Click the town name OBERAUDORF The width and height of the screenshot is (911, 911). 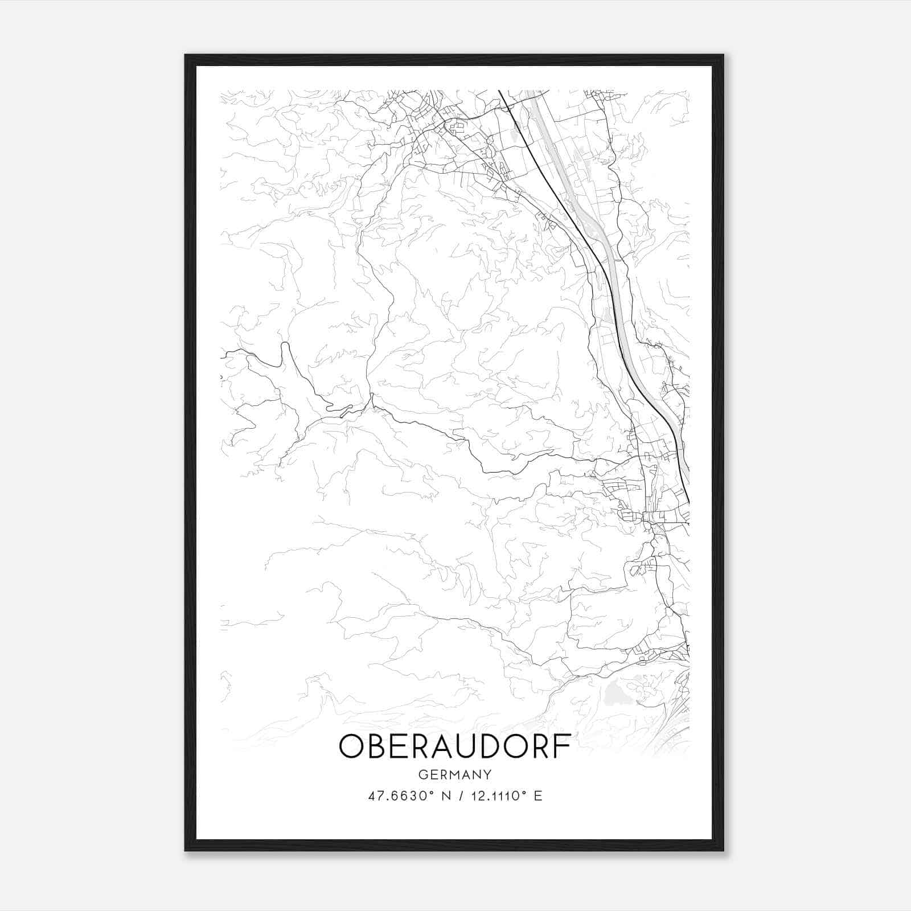point(454,746)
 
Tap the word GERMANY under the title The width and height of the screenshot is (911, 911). point(454,774)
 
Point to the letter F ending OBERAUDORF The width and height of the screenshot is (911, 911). point(561,746)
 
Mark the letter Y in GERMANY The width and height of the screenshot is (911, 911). point(487,774)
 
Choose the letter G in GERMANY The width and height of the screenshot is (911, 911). point(422,774)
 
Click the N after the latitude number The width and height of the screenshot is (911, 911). point(446,796)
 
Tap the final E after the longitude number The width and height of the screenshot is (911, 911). point(538,796)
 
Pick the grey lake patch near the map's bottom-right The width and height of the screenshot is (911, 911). point(615,692)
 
